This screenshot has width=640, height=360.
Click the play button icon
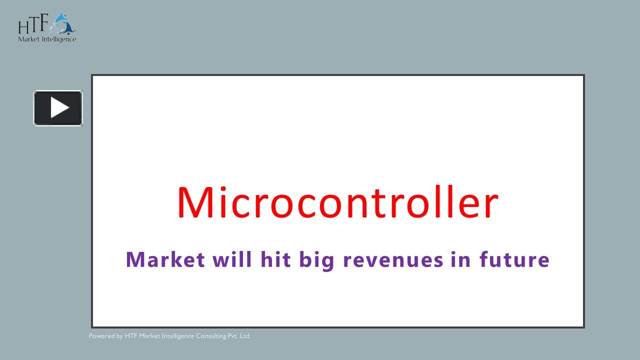tap(58, 108)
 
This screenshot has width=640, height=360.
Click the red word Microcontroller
tap(337, 202)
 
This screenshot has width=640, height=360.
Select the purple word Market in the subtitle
tap(165, 260)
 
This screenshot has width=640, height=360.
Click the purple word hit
tap(275, 260)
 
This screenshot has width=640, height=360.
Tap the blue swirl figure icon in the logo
tap(64, 23)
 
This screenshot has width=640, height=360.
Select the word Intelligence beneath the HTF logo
tap(58, 39)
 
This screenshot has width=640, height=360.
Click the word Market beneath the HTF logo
tap(28, 39)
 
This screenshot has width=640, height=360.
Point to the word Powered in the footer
tap(101, 336)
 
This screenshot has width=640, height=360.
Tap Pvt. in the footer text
tap(233, 336)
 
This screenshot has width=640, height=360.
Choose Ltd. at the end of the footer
tap(245, 336)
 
